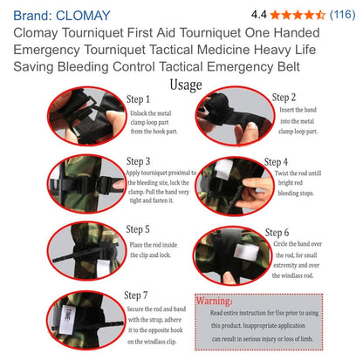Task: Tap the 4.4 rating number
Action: pos(259,15)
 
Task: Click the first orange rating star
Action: pos(276,15)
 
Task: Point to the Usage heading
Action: pos(185,85)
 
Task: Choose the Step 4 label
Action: pos(276,162)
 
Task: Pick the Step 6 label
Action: pos(276,233)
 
